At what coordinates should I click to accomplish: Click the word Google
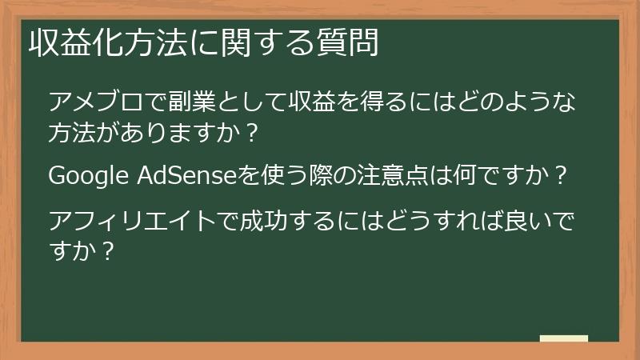88,175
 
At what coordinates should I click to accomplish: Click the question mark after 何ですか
560,175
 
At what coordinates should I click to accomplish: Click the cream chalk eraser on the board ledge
563,339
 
